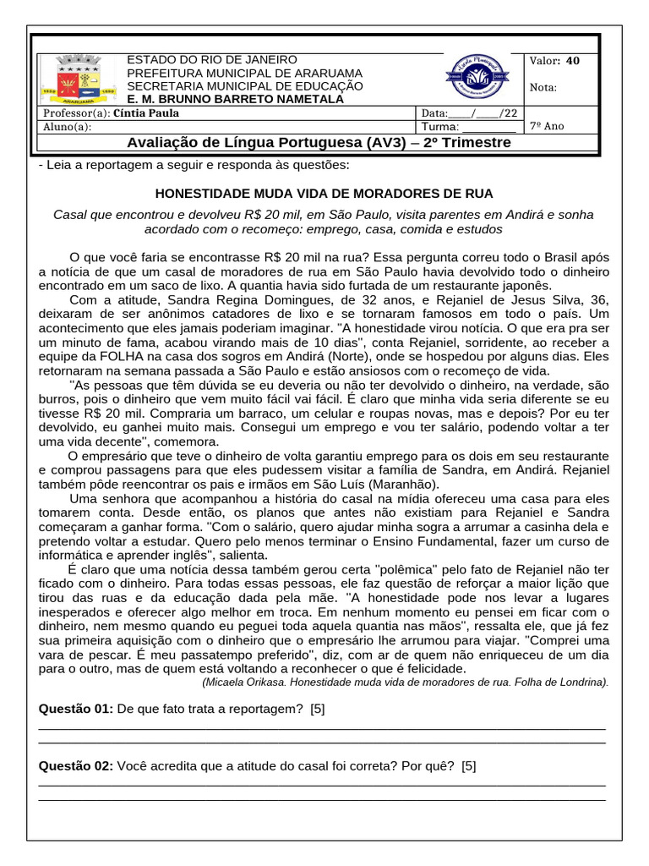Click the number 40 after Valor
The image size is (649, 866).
[573, 61]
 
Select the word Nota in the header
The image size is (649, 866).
[543, 87]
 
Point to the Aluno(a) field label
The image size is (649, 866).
[67, 127]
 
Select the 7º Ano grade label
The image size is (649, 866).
[547, 126]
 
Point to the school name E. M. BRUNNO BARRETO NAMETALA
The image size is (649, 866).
[235, 99]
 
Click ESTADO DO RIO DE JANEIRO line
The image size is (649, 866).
[211, 59]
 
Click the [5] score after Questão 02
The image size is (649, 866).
[469, 766]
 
